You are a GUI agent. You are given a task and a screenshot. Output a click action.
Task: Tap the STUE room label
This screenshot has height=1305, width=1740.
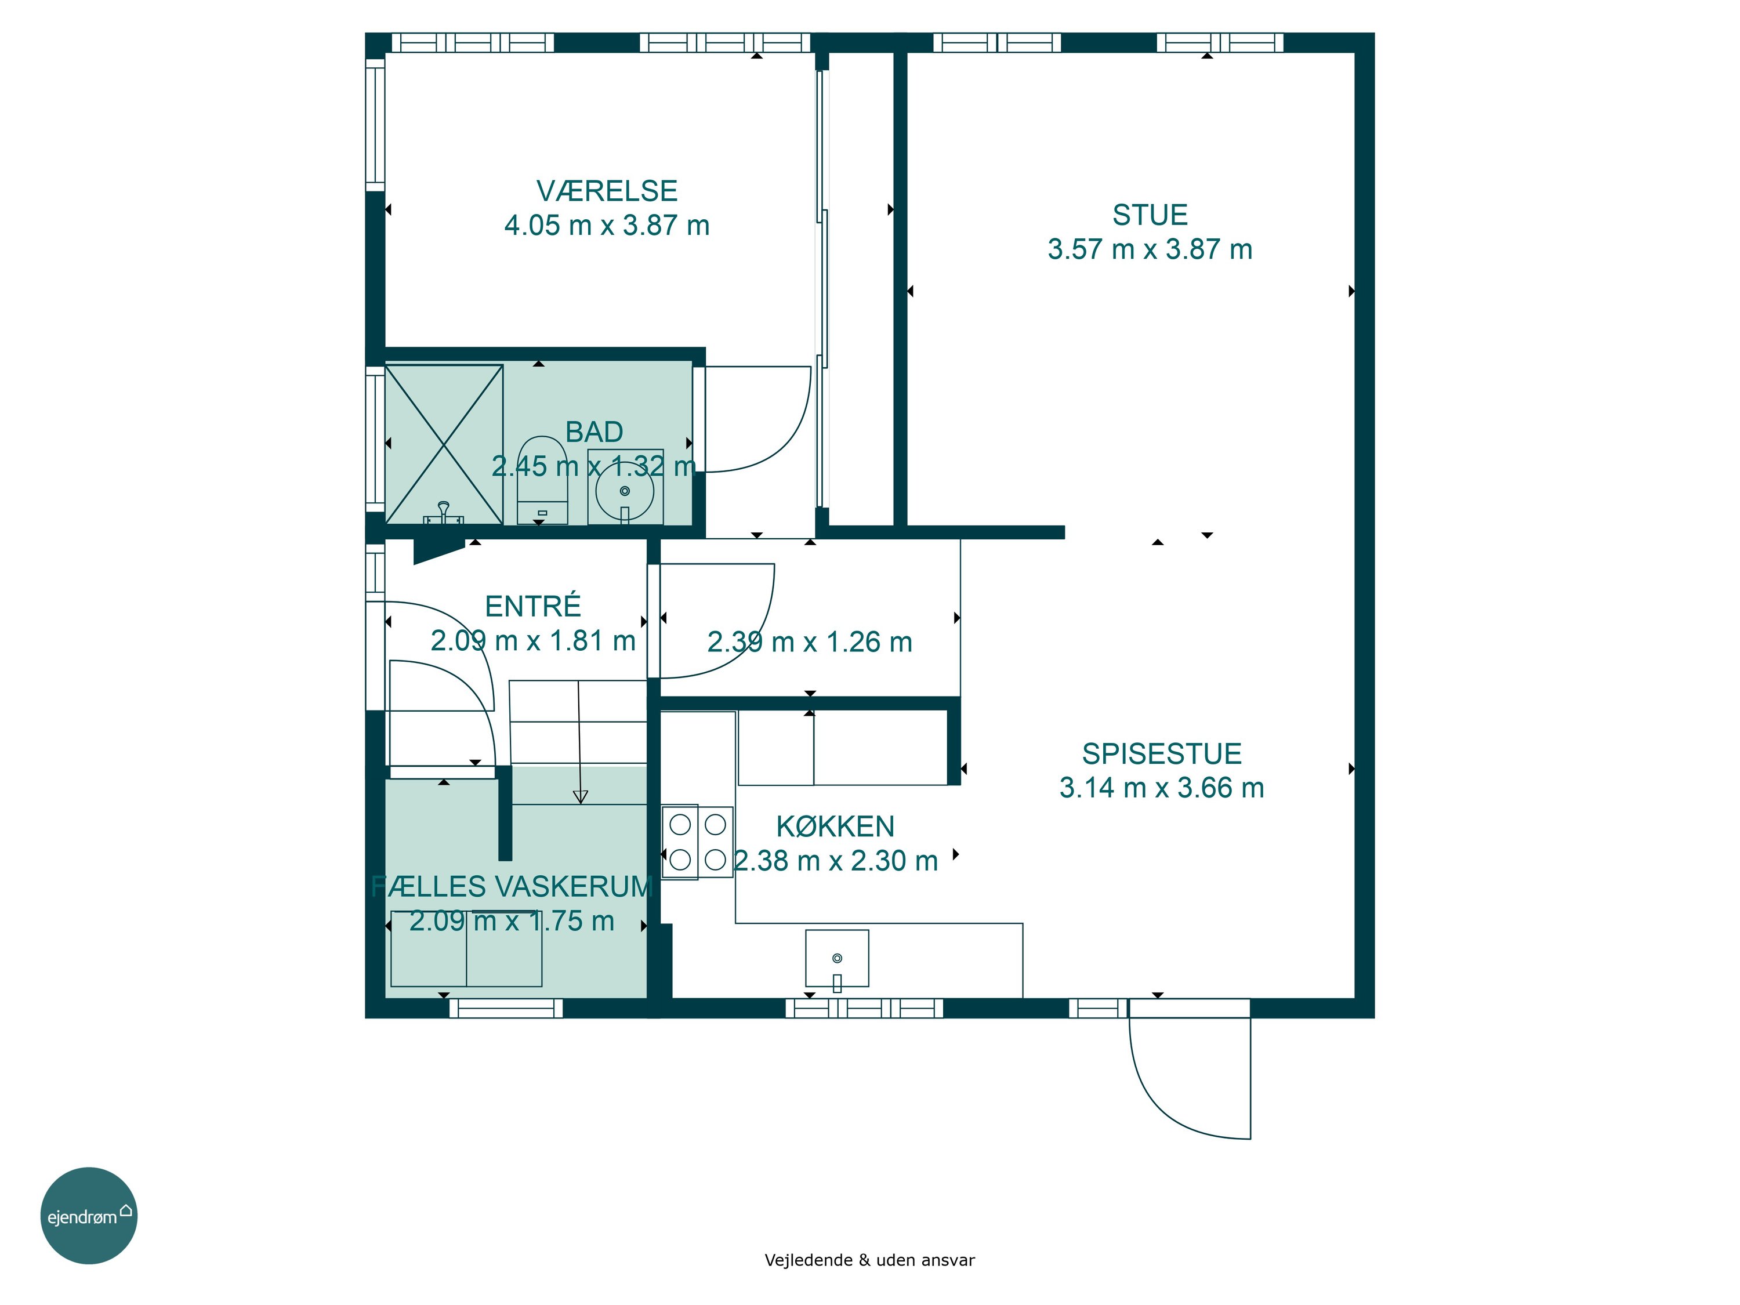[x=1149, y=215]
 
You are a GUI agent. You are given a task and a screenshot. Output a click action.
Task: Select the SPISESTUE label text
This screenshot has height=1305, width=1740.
[x=1162, y=753]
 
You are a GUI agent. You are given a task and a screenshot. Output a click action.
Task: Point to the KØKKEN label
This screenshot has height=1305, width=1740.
[x=835, y=826]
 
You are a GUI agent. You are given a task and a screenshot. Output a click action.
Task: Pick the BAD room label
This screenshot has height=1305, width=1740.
[x=594, y=432]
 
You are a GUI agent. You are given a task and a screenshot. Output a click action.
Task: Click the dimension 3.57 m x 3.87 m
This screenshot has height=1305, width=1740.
[x=1149, y=249]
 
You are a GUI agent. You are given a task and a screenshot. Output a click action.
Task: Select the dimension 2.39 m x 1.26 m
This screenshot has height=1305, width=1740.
[x=810, y=642]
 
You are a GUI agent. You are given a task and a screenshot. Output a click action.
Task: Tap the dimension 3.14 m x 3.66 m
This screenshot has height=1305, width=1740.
[x=1162, y=788]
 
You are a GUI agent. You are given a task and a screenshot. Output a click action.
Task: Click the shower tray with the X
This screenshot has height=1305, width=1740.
[x=444, y=444]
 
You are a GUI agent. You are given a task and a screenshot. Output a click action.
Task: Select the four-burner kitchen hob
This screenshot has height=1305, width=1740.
[x=698, y=842]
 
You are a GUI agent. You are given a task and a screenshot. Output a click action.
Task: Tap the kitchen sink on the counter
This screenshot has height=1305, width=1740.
[x=837, y=958]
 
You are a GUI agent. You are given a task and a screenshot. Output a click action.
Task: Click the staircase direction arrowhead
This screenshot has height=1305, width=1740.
[x=581, y=797]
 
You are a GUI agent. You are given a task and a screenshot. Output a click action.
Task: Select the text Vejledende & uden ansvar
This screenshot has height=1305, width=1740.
[x=869, y=1260]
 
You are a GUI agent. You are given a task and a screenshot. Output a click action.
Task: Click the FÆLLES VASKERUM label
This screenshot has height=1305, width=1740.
[x=512, y=886]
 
